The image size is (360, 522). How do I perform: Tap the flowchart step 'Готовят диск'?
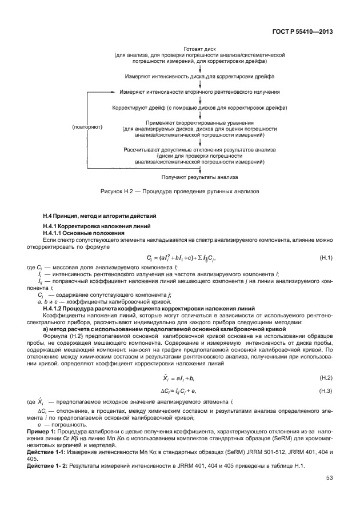tap(199, 49)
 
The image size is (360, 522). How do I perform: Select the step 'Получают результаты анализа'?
tap(199, 177)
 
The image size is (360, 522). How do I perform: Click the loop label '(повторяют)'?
tap(87, 126)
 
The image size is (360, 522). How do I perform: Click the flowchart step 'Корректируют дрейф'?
tap(199, 107)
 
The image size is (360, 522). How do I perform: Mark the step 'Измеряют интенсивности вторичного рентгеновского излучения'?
tap(199, 91)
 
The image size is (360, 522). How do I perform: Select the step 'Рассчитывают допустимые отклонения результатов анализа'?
tap(199, 150)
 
